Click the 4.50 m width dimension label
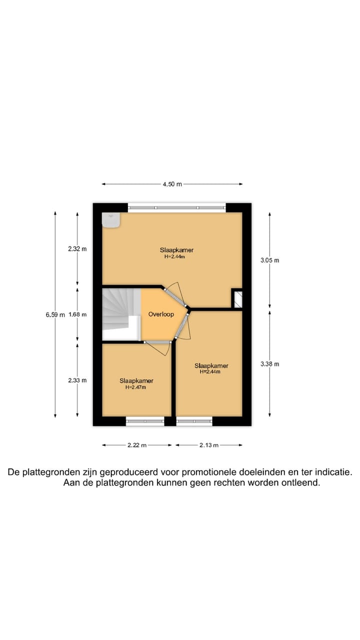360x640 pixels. [172, 184]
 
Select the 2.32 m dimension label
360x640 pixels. [77, 249]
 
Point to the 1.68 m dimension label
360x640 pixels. [77, 314]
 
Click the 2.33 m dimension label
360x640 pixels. [77, 380]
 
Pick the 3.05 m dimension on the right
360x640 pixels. [270, 260]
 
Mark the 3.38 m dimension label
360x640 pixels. [270, 364]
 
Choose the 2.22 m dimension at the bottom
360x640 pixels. [136, 445]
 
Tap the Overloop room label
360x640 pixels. [161, 314]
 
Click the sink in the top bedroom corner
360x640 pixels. [111, 220]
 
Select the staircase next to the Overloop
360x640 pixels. [120, 314]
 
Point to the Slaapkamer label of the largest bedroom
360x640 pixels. [176, 250]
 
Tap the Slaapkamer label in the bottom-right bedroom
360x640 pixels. [211, 365]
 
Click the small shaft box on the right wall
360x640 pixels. [237, 298]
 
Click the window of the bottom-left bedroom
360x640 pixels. [145, 421]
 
